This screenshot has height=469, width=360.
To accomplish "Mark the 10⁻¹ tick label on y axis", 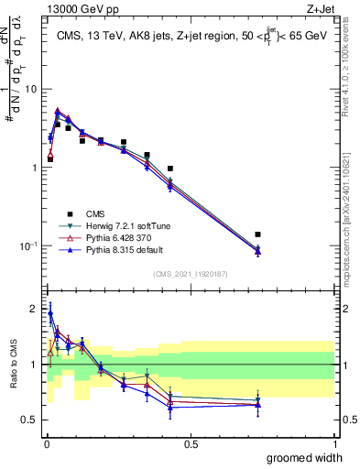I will tap(30, 246).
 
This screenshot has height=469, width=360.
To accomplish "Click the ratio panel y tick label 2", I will tap(34, 308).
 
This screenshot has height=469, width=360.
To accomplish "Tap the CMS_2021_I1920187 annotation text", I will tap(190, 274).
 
